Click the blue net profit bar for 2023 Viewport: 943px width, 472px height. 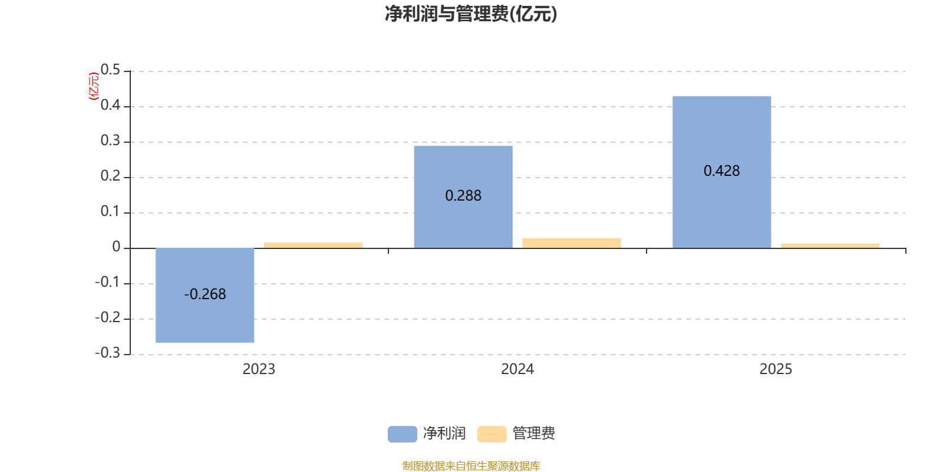tap(205, 319)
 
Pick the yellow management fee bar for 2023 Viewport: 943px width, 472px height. tap(313, 245)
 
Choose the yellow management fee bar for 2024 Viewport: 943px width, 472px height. tap(571, 242)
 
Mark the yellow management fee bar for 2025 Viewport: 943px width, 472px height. tap(830, 245)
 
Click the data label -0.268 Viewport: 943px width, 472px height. tap(205, 294)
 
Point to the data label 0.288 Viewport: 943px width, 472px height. tap(463, 195)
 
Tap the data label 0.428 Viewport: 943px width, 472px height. tap(721, 171)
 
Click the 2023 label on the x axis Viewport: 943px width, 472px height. tap(259, 369)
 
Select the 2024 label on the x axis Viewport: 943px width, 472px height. tap(517, 369)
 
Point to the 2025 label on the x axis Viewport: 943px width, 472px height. tap(776, 369)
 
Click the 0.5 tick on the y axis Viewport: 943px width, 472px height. tap(110, 70)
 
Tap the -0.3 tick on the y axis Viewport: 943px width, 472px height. tap(107, 353)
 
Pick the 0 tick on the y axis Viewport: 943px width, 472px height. tap(116, 247)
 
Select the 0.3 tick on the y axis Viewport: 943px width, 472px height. tap(110, 141)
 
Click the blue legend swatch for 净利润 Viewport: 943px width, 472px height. tap(402, 434)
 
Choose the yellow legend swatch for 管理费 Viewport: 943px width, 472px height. tap(492, 434)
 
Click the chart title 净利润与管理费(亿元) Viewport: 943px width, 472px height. tap(470, 14)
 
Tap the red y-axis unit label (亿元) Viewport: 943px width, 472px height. tap(93, 86)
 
